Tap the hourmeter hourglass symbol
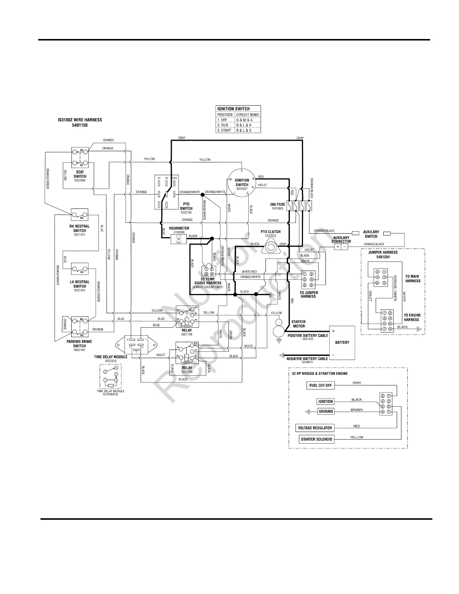[x=178, y=239]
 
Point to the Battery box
[x=342, y=342]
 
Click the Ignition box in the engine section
[x=325, y=402]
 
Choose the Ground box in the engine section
[x=325, y=411]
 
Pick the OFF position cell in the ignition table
[x=225, y=120]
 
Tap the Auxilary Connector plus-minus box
[x=341, y=247]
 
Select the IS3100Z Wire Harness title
[x=79, y=123]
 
